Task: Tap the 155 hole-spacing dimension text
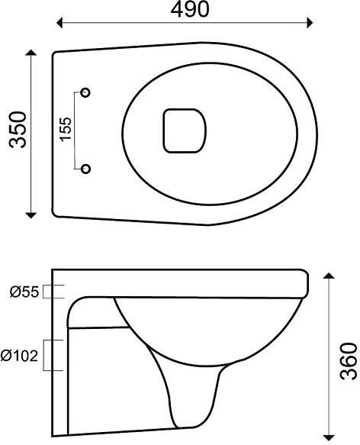click(x=65, y=129)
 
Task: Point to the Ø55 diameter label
click(x=24, y=291)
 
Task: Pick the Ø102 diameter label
click(x=21, y=356)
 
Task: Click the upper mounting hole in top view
click(x=85, y=92)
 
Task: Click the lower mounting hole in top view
click(x=85, y=167)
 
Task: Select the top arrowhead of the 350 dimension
click(x=31, y=54)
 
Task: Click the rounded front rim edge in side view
click(x=304, y=283)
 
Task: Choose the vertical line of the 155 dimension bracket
click(x=75, y=129)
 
